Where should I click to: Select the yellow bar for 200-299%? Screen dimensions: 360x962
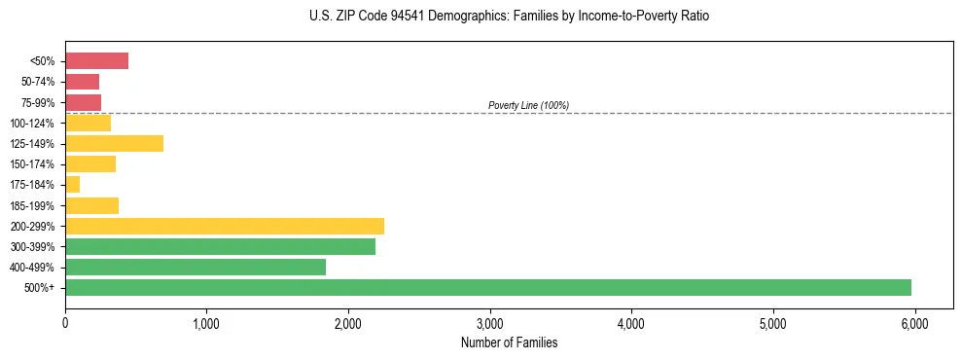click(x=225, y=226)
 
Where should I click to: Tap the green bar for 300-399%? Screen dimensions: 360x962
click(x=220, y=246)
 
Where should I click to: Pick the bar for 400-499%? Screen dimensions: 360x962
click(x=196, y=267)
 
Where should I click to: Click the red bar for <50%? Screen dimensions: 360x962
click(x=96, y=61)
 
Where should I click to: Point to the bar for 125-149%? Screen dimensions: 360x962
click(x=114, y=144)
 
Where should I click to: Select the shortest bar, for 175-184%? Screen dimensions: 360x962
click(x=72, y=185)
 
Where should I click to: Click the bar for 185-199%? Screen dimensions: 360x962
click(x=91, y=205)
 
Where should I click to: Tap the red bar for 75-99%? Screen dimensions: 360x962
click(x=83, y=102)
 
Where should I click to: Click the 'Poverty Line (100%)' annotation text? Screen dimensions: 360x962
click(x=528, y=105)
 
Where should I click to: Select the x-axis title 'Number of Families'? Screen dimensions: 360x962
click(x=509, y=342)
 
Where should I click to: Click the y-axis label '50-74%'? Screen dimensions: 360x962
click(x=39, y=82)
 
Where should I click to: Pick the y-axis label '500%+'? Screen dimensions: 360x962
click(x=40, y=288)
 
